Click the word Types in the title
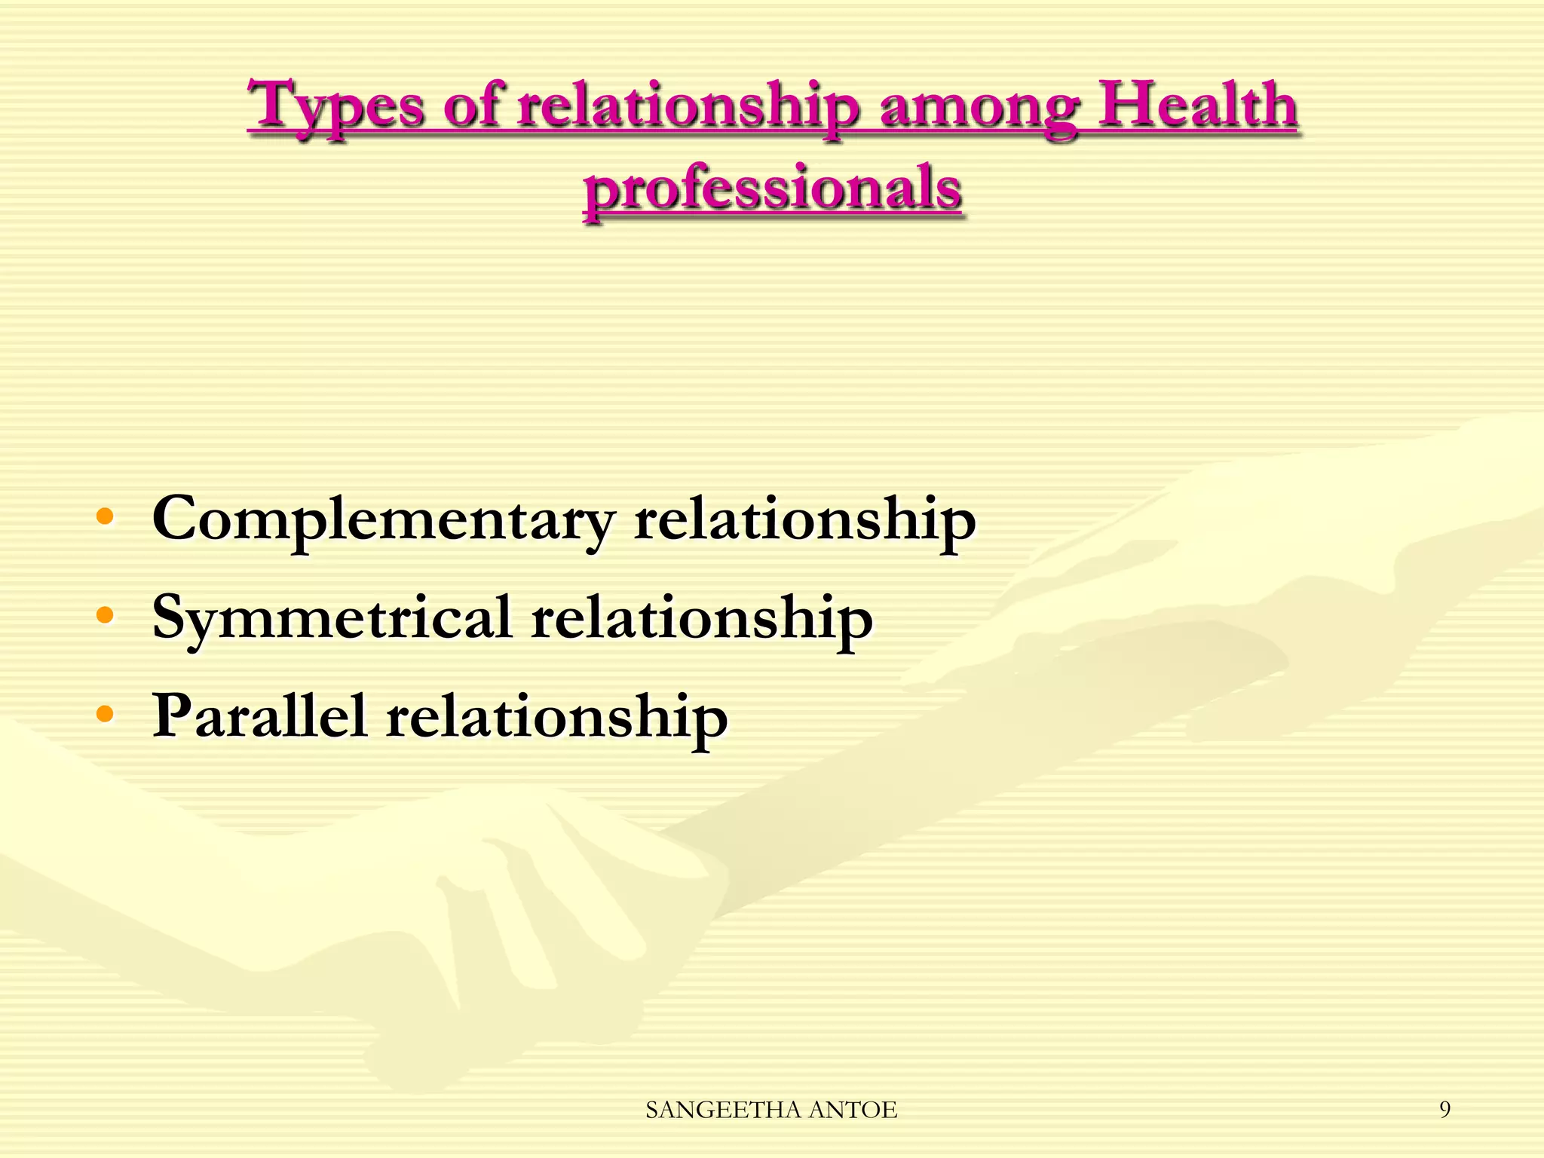337,107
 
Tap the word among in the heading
980,107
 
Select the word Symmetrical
332,618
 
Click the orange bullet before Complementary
105,517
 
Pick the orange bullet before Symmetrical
105,615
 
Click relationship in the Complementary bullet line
804,520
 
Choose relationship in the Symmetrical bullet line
701,618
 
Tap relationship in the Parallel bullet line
556,716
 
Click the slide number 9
1444,1109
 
